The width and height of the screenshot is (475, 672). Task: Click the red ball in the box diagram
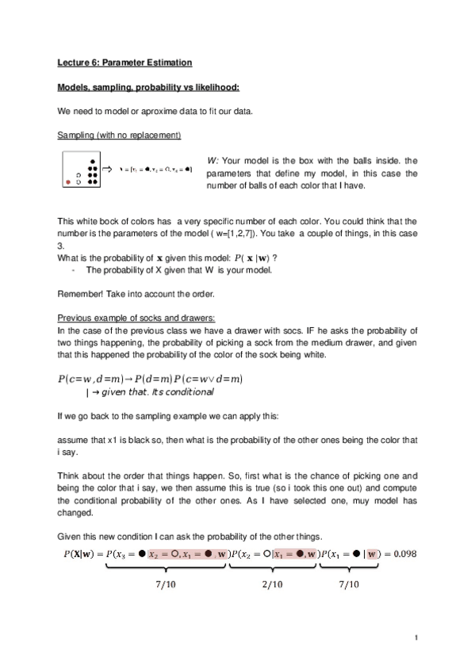67,182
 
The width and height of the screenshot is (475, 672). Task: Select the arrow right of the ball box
109,169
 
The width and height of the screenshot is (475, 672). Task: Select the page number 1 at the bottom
415,636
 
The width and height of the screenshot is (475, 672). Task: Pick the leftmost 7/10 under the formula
167,585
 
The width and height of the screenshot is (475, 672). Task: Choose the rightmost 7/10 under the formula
349,585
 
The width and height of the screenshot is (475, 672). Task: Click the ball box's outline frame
61,169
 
